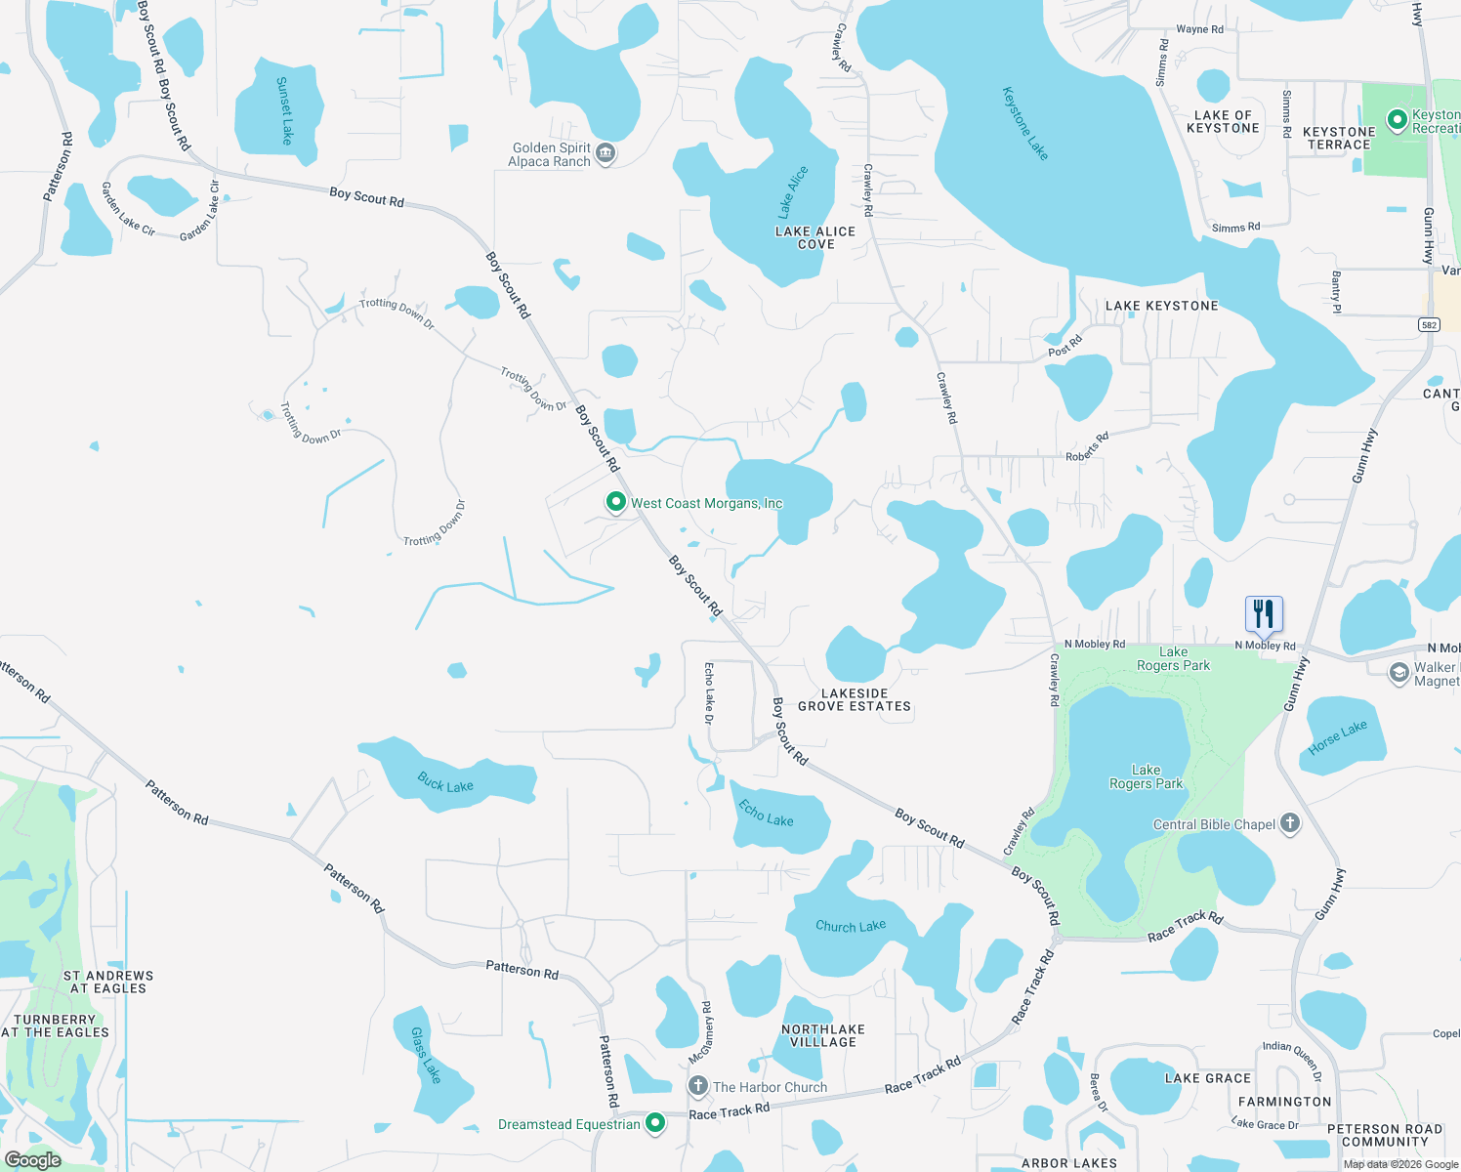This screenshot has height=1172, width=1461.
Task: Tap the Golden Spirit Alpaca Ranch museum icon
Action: [x=605, y=153]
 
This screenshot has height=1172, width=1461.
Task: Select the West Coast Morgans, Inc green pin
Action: [x=615, y=502]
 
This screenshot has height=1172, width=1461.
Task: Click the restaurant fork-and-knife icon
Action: [x=1264, y=613]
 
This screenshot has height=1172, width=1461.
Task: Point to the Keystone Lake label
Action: [x=1024, y=123]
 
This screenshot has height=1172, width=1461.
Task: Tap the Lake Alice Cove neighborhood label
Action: [x=815, y=237]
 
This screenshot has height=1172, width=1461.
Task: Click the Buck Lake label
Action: [x=445, y=783]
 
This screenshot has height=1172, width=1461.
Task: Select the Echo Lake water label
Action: [x=766, y=813]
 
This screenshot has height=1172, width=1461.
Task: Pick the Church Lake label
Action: [x=851, y=926]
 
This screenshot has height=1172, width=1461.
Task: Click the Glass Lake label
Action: [x=426, y=1055]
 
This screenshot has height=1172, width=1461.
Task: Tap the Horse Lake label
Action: [x=1337, y=737]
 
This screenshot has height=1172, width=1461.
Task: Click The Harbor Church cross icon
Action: [x=698, y=1086]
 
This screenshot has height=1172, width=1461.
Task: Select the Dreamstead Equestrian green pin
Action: [x=655, y=1123]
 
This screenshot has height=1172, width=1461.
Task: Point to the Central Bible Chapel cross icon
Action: [x=1290, y=823]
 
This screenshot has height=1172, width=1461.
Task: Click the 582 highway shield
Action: [x=1429, y=325]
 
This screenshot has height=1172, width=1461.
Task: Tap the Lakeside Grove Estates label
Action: [x=855, y=699]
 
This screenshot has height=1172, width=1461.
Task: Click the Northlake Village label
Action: [x=823, y=1035]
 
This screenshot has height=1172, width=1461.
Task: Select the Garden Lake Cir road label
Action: [x=127, y=209]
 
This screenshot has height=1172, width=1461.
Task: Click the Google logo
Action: [x=33, y=1159]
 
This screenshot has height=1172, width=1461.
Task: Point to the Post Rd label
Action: [x=1064, y=346]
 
